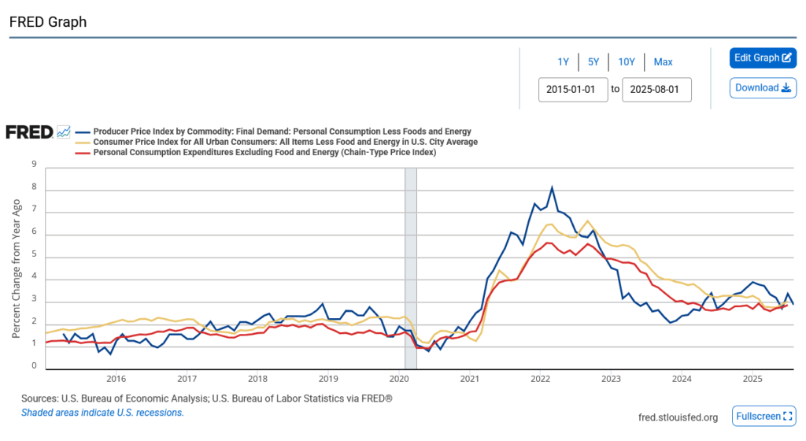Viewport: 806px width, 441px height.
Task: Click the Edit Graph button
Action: pos(763,57)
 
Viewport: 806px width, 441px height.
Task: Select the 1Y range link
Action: pos(563,62)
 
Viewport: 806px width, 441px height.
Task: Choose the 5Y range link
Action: pos(593,62)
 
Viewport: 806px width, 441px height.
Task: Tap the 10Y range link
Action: pos(627,62)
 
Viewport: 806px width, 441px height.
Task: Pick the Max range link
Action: pos(663,62)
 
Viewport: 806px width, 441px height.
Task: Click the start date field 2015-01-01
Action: pos(572,89)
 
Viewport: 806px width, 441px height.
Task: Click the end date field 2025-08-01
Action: pos(656,89)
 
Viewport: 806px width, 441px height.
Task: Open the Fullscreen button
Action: pos(763,416)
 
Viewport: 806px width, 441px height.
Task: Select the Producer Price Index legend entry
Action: pos(282,132)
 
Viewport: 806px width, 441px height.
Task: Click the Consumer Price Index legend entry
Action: pos(285,142)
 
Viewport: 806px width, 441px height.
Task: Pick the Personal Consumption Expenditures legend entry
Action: pos(264,152)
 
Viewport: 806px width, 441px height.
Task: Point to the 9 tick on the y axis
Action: pos(34,165)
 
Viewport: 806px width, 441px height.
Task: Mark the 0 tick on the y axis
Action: pos(34,366)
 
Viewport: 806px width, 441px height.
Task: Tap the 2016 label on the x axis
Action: pos(116,379)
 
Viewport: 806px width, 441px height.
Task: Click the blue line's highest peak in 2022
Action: pos(552,187)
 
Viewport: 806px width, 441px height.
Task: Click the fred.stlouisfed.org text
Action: pos(678,417)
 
